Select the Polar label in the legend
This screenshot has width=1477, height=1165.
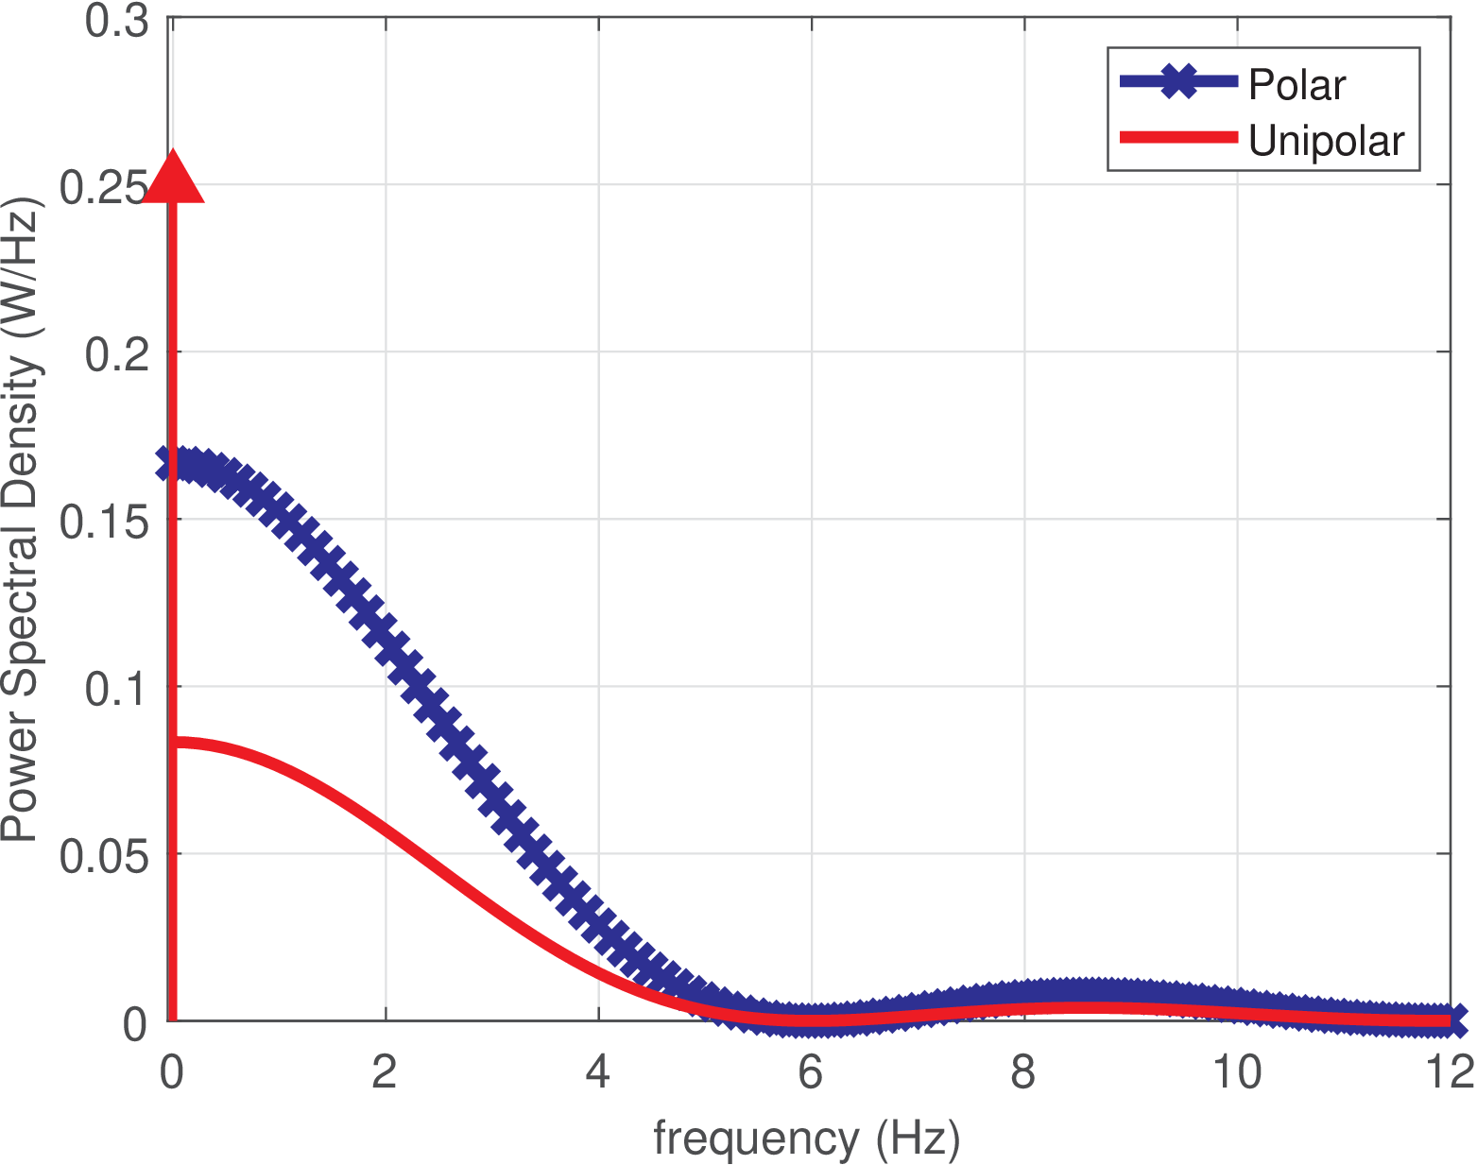tap(1297, 85)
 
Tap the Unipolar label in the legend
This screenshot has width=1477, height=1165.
tap(1326, 141)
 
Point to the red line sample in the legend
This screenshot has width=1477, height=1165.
tap(1177, 138)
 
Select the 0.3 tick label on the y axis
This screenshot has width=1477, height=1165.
tap(117, 21)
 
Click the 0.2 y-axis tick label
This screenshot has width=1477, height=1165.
tap(117, 353)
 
